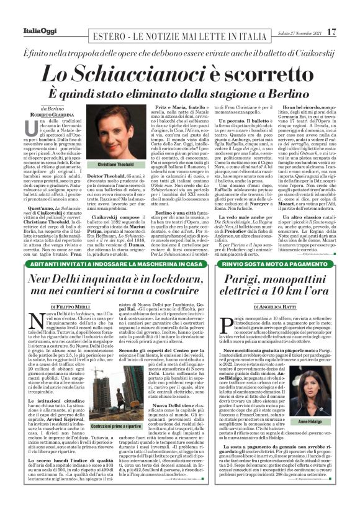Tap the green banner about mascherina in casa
point(119,264)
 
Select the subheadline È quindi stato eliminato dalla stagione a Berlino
point(180,92)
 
